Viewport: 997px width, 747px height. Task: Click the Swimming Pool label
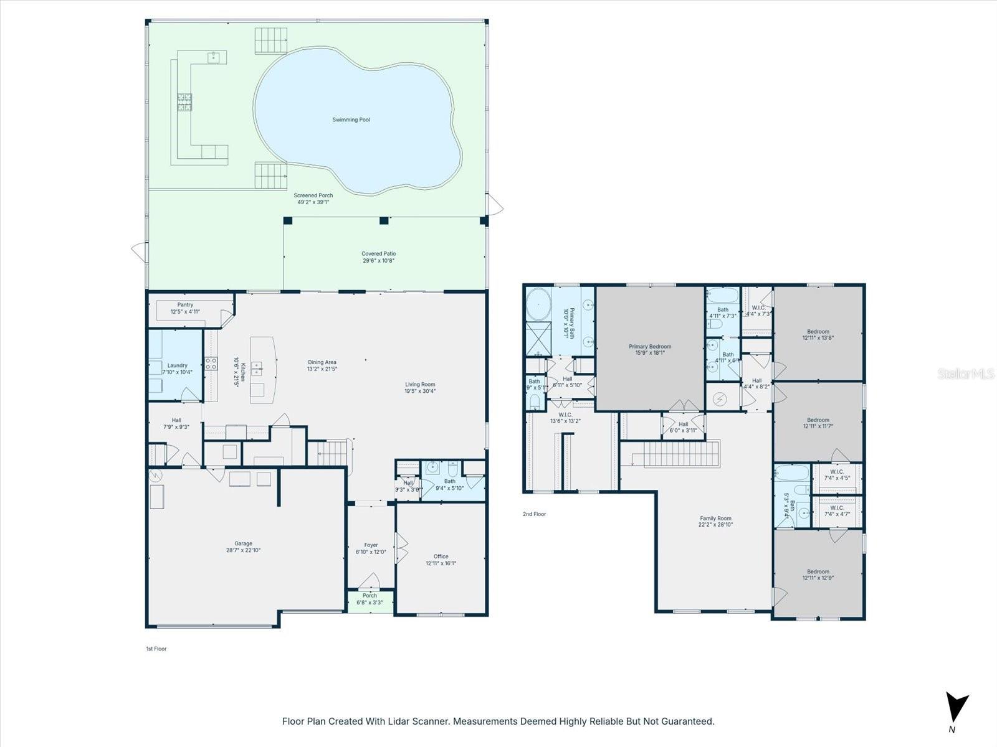pyautogui.click(x=351, y=120)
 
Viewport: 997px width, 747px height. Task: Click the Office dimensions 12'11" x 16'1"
pyautogui.click(x=441, y=563)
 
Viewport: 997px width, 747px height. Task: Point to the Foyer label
pyautogui.click(x=371, y=545)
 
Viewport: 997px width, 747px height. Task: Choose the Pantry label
pyautogui.click(x=185, y=305)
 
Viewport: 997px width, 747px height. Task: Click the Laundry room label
pyautogui.click(x=178, y=365)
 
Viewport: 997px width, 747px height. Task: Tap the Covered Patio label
pyautogui.click(x=378, y=253)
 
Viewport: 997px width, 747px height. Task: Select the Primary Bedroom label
pyautogui.click(x=650, y=347)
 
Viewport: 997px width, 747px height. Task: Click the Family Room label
pyautogui.click(x=715, y=518)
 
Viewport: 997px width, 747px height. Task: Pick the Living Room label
pyautogui.click(x=420, y=384)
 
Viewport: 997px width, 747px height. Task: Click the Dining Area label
pyautogui.click(x=322, y=362)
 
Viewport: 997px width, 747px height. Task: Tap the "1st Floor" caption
pyautogui.click(x=156, y=649)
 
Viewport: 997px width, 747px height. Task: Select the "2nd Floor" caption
pyautogui.click(x=534, y=514)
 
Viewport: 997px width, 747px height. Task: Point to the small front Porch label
pyautogui.click(x=370, y=596)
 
